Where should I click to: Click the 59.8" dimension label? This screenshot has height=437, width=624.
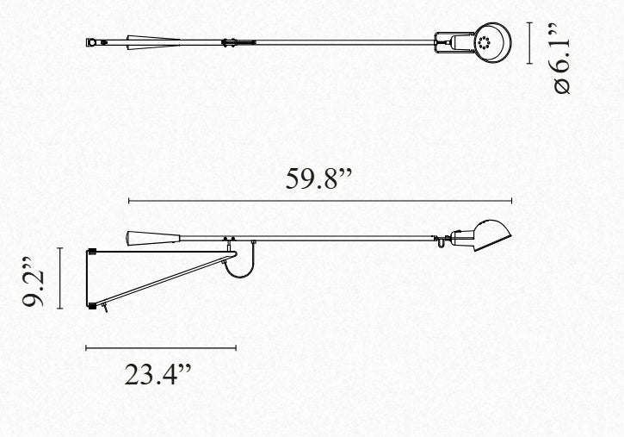pos(318,178)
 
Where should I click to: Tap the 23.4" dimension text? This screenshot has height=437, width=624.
pos(158,374)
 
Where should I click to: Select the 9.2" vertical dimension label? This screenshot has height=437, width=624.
pos(34,282)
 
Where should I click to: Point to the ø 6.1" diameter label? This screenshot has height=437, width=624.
pos(562,59)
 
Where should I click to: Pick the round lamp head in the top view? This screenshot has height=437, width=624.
pos(492,42)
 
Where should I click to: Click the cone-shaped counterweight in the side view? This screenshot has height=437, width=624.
pos(153,238)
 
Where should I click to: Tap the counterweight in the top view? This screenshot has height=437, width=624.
pos(153,42)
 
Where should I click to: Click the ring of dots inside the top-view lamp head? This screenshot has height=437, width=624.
pos(484,42)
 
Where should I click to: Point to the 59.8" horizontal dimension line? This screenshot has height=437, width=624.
pos(320,201)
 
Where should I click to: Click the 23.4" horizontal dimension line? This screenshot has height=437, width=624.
pos(161,348)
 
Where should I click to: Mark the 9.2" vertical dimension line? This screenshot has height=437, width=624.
pos(59,278)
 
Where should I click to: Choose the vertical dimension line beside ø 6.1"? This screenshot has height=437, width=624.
pos(529,42)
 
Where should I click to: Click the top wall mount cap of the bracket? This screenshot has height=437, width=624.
pos(92,252)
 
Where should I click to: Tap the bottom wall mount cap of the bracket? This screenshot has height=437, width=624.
pos(92,306)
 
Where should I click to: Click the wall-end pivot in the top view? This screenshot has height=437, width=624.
pos(92,42)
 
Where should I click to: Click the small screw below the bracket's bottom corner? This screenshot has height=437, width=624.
pos(105,308)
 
